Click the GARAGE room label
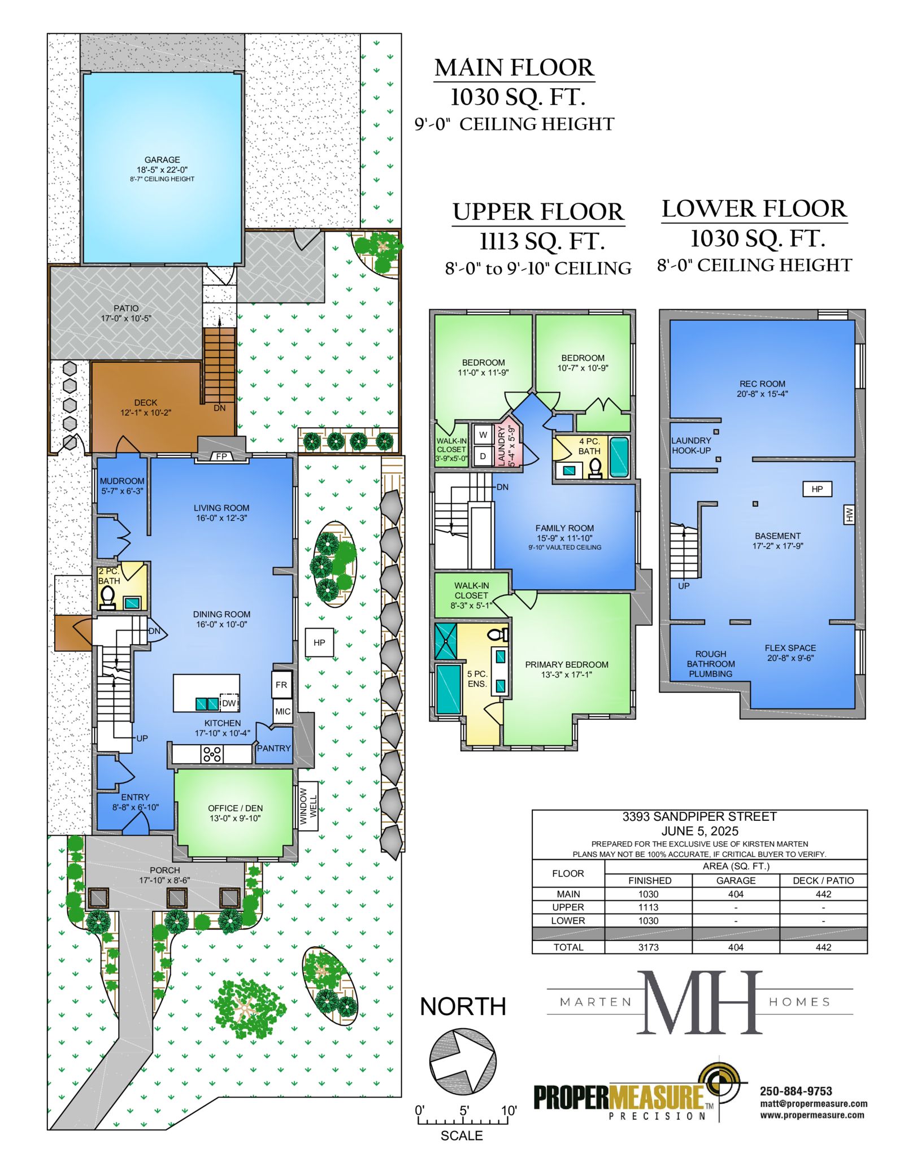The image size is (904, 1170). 162,160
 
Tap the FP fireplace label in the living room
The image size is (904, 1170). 221,456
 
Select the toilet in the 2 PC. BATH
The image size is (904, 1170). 107,597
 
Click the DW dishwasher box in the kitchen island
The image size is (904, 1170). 229,703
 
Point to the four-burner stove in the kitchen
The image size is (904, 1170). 212,754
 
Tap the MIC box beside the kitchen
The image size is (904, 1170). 282,711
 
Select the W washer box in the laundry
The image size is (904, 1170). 483,434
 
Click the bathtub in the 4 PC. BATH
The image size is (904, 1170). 619,457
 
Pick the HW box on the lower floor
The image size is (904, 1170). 849,514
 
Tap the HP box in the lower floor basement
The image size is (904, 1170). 817,489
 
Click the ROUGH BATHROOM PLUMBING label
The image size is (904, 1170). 711,664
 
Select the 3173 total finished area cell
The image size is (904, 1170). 649,947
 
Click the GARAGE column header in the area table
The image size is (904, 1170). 736,880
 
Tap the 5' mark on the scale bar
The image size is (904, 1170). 464,1111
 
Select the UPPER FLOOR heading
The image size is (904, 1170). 538,212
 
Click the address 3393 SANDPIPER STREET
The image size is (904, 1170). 699,816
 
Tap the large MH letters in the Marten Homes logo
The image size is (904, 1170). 700,1003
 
